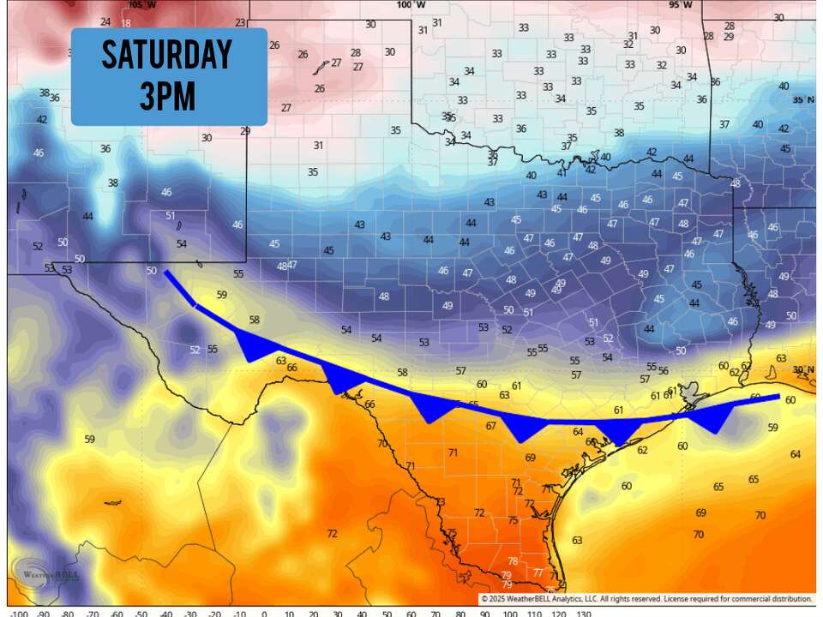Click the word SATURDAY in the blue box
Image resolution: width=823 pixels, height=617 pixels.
168,56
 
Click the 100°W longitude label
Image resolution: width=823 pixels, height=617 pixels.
411,5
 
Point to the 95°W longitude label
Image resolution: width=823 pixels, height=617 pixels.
679,5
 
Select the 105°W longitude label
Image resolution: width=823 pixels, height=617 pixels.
123,5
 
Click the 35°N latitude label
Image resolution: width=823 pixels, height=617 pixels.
803,100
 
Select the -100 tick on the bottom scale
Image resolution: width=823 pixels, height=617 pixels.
18,612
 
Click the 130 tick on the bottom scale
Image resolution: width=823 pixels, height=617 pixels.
583,612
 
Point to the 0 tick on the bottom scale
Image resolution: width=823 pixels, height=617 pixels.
263,612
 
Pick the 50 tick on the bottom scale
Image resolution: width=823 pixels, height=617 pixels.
386,612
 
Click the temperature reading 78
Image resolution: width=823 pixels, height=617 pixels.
512,561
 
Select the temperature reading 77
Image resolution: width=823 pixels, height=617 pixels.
538,572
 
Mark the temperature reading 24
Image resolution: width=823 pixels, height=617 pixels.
105,21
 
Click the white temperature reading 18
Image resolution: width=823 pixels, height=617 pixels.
126,24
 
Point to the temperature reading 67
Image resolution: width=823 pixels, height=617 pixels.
491,426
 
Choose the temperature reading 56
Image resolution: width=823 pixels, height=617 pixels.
652,366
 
